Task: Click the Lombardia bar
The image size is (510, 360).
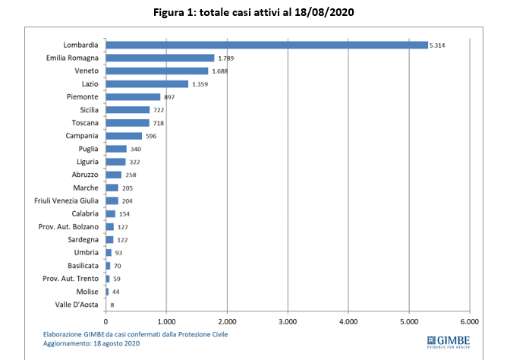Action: pyautogui.click(x=266, y=45)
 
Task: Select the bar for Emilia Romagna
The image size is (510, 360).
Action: pyautogui.click(x=160, y=58)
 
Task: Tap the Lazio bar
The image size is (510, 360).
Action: pyautogui.click(x=147, y=84)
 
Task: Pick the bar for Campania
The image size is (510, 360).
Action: pyautogui.click(x=124, y=136)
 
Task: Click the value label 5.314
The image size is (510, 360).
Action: pyautogui.click(x=437, y=46)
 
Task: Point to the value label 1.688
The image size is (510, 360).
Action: pyautogui.click(x=220, y=71)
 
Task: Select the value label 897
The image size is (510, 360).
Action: pyautogui.click(x=169, y=97)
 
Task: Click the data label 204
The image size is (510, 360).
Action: pyautogui.click(x=127, y=201)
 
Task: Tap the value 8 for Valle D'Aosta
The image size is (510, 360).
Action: pyautogui.click(x=112, y=305)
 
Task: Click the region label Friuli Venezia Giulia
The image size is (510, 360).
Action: pyautogui.click(x=66, y=201)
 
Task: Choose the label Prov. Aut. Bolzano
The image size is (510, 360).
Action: pyautogui.click(x=68, y=226)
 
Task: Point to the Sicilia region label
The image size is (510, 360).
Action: pyautogui.click(x=89, y=110)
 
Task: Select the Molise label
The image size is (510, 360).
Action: pyautogui.click(x=87, y=292)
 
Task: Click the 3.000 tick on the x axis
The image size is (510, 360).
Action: pyautogui.click(x=288, y=322)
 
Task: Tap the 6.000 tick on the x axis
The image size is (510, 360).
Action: pyautogui.click(x=470, y=322)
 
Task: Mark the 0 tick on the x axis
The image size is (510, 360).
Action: pyautogui.click(x=105, y=322)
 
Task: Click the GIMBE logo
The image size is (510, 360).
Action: pyautogui.click(x=449, y=342)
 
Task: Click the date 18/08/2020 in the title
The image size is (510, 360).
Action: pyautogui.click(x=324, y=12)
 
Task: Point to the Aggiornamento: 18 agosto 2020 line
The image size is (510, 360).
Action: pyautogui.click(x=91, y=343)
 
